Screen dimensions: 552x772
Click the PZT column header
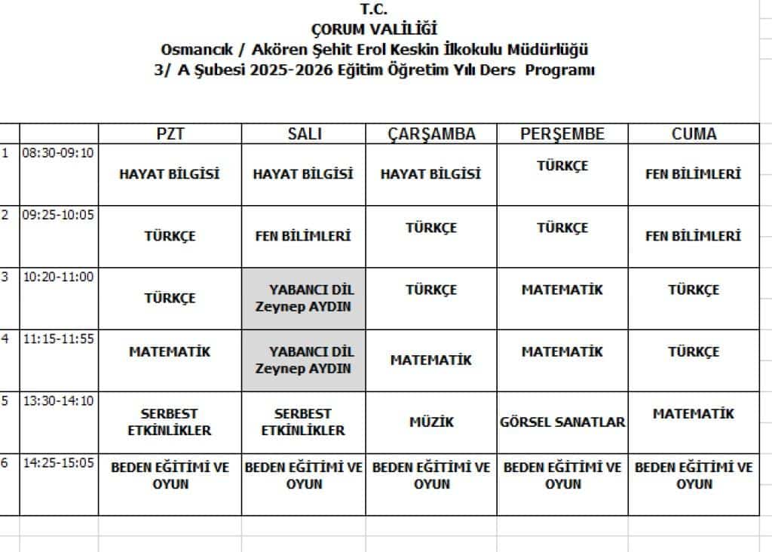coord(170,134)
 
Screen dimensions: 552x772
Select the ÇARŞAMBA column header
coord(432,134)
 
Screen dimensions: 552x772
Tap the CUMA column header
coord(694,134)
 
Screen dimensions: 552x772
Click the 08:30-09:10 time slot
coord(58,153)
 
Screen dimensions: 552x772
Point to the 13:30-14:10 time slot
coord(58,400)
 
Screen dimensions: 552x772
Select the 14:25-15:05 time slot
coord(58,462)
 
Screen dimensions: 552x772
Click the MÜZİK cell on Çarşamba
coord(432,422)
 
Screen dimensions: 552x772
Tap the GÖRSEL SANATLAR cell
coord(562,422)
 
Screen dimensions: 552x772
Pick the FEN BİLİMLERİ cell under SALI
coord(303,236)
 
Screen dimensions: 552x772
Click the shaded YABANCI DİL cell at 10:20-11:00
coord(303,298)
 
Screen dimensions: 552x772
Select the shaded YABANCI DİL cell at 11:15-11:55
coord(303,360)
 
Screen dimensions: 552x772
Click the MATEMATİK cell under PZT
coord(170,351)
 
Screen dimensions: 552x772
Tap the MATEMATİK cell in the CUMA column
coord(694,413)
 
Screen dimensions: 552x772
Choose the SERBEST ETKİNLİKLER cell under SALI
coord(303,422)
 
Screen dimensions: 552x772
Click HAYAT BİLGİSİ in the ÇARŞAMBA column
coord(430,174)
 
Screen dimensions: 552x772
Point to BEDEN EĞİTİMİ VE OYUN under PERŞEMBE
coord(562,475)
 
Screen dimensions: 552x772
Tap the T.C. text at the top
coord(374,10)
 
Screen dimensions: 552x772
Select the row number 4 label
coord(5,339)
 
